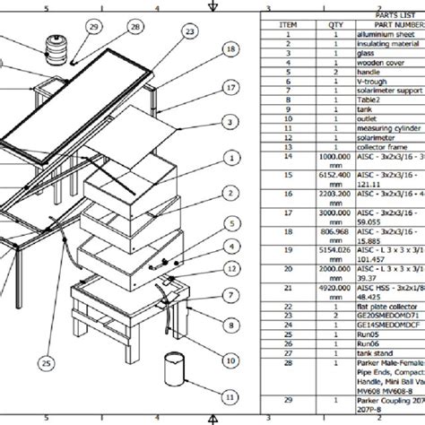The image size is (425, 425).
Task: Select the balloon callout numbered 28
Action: tap(134, 28)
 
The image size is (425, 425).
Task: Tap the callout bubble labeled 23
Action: tap(189, 31)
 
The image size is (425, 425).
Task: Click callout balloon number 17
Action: tap(231, 87)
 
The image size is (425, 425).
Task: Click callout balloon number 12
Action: tap(231, 268)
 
